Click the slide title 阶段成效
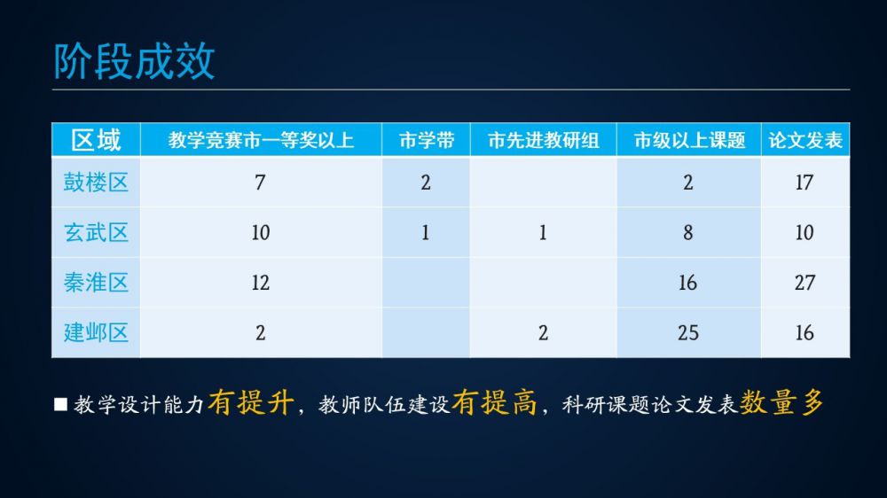coord(134,61)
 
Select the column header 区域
coord(96,140)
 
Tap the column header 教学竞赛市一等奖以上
coord(261,140)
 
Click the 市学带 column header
coord(426,140)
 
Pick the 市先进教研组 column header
coord(543,140)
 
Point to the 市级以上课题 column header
coord(689,140)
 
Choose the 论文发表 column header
coord(805,140)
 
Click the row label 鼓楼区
coord(96,182)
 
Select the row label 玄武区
coord(96,232)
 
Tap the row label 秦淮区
coord(96,282)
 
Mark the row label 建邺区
coord(96,332)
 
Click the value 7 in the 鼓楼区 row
coord(260,183)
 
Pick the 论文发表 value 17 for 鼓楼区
coord(804,183)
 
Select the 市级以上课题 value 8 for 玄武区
coord(688,232)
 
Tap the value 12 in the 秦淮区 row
coord(260,283)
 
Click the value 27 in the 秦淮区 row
coord(805,283)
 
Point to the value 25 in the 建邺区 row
coord(688,333)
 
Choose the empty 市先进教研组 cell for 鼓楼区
coord(543,182)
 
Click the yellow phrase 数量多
coord(781,403)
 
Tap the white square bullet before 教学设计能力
coord(60,404)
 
